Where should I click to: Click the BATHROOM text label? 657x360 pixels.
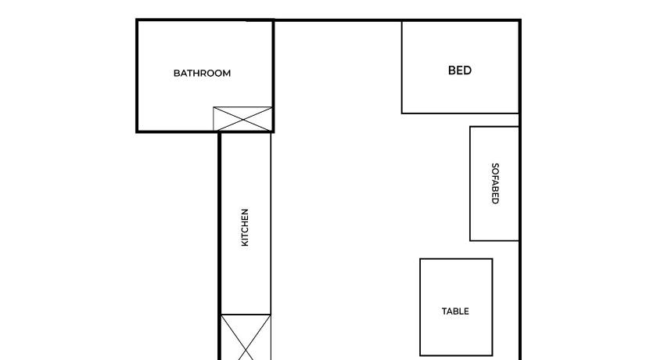point(202,74)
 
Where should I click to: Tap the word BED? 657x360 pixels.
point(460,70)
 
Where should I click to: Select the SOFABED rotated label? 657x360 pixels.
point(495,184)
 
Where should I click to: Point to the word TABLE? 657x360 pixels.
point(455,311)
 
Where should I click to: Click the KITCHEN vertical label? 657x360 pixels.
point(245,227)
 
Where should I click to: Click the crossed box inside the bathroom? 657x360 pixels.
point(242,120)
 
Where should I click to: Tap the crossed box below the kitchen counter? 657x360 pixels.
point(246,337)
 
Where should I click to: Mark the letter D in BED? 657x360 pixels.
point(468,70)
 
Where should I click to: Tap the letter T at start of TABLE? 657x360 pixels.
point(444,311)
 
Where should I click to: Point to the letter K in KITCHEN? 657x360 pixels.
point(245,243)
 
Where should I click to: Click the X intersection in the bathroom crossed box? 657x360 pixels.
point(242,120)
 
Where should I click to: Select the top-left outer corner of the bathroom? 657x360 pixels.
point(137,20)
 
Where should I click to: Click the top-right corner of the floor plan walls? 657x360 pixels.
point(520,20)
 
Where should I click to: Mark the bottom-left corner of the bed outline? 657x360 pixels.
point(402,113)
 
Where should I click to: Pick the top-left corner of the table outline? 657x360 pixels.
point(420,259)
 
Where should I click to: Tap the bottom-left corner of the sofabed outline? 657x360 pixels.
point(470,240)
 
